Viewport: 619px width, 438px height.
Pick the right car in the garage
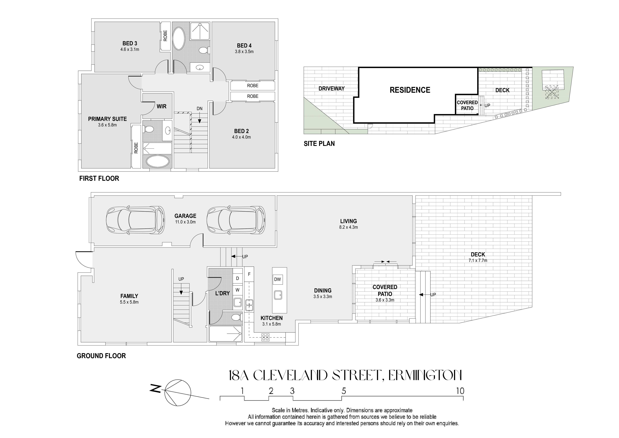(x=236, y=220)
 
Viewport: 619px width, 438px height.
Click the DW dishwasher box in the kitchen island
(x=277, y=279)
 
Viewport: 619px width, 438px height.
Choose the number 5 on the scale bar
(x=344, y=391)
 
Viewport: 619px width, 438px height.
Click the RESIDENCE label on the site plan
(x=410, y=90)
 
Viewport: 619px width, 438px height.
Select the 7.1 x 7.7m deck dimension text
(x=478, y=261)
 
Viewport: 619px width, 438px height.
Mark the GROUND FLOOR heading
(x=101, y=356)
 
